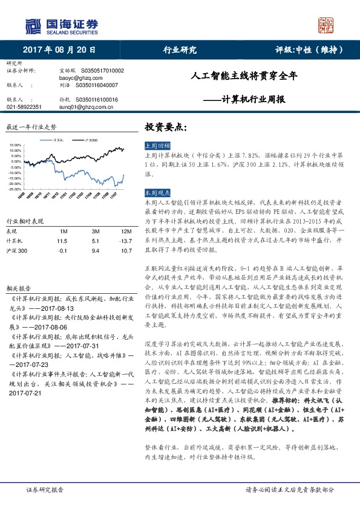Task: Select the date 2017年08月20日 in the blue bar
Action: click(59, 50)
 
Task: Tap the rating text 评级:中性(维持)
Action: click(309, 50)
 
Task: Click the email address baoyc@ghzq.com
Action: click(77, 78)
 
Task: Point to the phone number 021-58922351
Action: click(24, 106)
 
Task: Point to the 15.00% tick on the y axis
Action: click(16, 145)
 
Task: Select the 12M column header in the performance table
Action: click(126, 231)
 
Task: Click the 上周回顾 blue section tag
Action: click(158, 146)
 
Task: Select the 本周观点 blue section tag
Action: click(158, 192)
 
